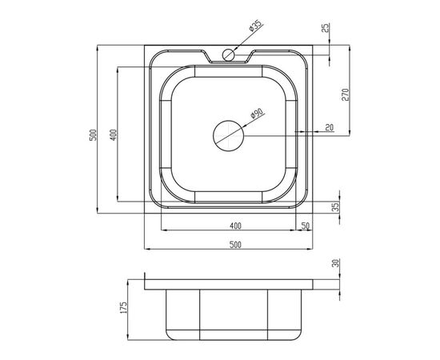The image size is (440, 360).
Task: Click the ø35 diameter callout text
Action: (x=256, y=25)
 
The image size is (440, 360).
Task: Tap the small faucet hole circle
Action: (x=229, y=54)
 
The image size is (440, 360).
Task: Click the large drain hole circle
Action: (x=229, y=136)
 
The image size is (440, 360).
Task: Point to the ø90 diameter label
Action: (x=257, y=113)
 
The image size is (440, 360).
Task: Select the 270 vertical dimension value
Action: (x=345, y=94)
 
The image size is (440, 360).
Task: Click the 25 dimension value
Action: (x=327, y=28)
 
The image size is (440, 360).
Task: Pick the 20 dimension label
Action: (x=330, y=128)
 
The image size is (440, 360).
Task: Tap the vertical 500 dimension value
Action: (x=93, y=135)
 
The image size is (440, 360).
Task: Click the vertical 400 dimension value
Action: (x=113, y=135)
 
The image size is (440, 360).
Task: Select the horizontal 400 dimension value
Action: (x=235, y=226)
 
